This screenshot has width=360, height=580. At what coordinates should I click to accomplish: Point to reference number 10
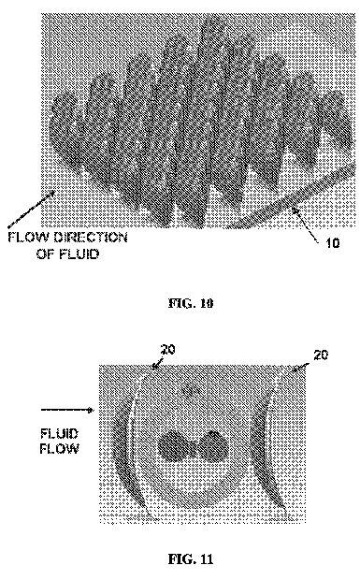point(332,242)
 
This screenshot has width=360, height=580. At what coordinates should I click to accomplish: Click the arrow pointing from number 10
point(305,225)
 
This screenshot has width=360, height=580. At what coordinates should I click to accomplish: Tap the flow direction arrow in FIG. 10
point(32,209)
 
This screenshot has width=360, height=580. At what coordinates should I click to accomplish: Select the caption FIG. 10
point(191,303)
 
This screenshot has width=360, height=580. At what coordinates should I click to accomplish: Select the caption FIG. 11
point(191,558)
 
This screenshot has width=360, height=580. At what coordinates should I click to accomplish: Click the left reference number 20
point(167,350)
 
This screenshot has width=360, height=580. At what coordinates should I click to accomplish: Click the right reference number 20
point(321,355)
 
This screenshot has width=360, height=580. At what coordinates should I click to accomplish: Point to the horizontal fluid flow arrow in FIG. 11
point(67,410)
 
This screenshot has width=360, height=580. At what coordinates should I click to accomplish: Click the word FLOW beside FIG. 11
point(59,449)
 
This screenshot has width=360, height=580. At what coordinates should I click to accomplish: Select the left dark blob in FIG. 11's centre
point(175,445)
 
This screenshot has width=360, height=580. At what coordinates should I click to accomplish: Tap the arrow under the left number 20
point(157,363)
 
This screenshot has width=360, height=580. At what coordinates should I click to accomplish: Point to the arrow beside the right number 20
point(301,367)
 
